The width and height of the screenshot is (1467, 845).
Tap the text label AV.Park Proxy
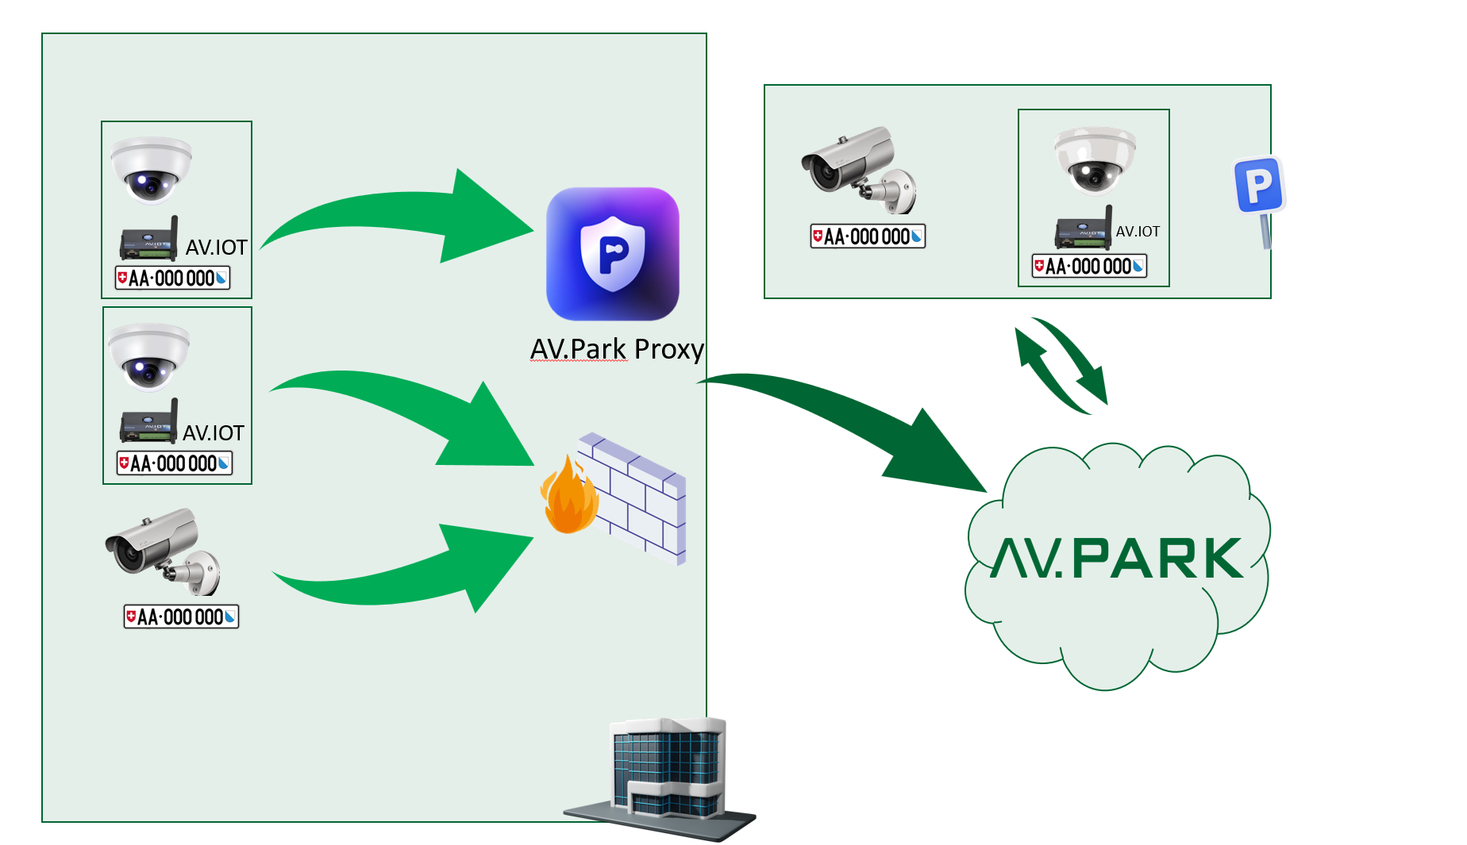coord(617,349)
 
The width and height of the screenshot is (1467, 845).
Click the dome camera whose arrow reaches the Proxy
coord(151,170)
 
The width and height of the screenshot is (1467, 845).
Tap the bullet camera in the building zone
coord(163,551)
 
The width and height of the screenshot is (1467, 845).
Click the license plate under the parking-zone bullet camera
coord(868,236)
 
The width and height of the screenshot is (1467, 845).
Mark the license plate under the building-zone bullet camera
coord(181,616)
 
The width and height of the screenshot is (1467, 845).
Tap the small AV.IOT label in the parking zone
coord(1138,232)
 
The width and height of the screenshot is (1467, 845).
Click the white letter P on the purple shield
coord(612,252)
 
